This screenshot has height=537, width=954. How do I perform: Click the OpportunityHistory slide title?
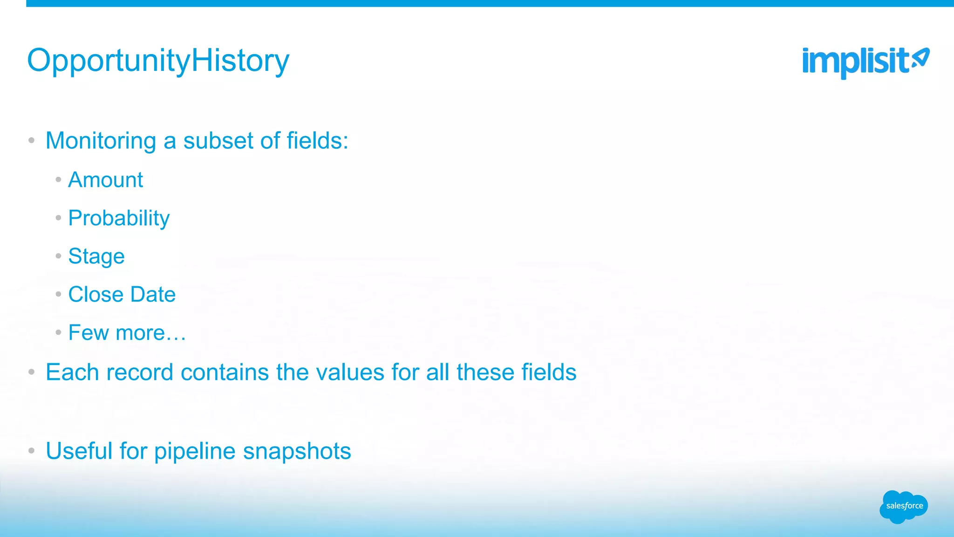click(158, 61)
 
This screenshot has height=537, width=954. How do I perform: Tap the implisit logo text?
click(855, 62)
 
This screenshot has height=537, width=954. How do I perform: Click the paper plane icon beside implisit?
click(920, 59)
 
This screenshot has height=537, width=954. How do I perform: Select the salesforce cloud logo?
click(904, 507)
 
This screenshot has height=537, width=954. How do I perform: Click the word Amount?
click(106, 180)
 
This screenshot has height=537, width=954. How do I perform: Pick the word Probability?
click(119, 219)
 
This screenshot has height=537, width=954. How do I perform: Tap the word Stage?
click(96, 257)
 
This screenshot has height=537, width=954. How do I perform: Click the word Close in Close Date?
click(95, 295)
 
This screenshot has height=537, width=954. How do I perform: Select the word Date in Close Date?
click(153, 295)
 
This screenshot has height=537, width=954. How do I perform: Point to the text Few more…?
click(127, 333)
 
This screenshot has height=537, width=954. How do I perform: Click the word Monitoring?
click(101, 141)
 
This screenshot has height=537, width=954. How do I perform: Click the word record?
click(140, 372)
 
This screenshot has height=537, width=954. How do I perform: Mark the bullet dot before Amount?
click(58, 179)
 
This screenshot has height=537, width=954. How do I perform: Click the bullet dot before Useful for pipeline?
click(31, 451)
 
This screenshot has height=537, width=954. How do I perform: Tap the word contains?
click(225, 372)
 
